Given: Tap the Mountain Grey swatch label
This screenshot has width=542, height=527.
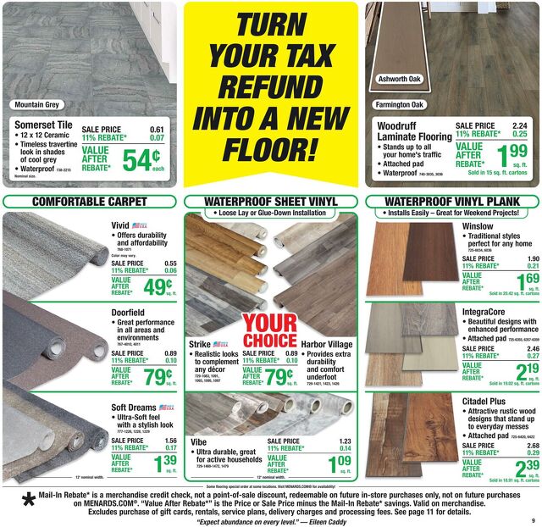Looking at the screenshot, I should pyautogui.click(x=36, y=105).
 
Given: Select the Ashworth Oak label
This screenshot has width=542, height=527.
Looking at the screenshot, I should pyautogui.click(x=398, y=79).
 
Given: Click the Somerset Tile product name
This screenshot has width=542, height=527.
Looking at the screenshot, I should pyautogui.click(x=41, y=125).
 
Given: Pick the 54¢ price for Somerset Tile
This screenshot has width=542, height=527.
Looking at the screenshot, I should pyautogui.click(x=140, y=160).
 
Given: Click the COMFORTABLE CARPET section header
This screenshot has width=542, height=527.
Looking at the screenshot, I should pyautogui.click(x=89, y=202).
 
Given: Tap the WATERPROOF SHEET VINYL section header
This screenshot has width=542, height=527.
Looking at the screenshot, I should pyautogui.click(x=270, y=202).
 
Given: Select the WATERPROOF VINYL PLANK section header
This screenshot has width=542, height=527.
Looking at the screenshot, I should pyautogui.click(x=452, y=202).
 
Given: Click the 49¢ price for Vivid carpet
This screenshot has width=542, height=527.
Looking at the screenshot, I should pyautogui.click(x=158, y=287).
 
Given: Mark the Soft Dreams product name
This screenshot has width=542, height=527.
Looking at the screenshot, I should pyautogui.click(x=134, y=408).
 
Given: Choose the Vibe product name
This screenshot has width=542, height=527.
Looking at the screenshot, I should pyautogui.click(x=199, y=442).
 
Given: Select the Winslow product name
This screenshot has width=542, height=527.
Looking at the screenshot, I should pyautogui.click(x=478, y=226).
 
